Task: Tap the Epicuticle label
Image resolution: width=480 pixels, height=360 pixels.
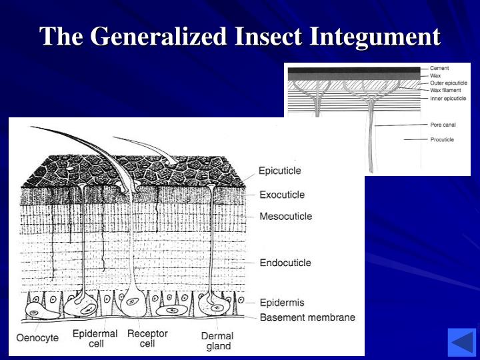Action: click(280, 171)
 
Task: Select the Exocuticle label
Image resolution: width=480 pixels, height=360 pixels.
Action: click(282, 195)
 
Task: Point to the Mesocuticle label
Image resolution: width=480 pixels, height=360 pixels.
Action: click(285, 216)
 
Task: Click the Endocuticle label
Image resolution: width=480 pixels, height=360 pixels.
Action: click(285, 263)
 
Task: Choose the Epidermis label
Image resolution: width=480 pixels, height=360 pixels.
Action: click(281, 303)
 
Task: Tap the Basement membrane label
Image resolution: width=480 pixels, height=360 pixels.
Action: click(307, 317)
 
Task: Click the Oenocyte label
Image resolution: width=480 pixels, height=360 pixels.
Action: click(37, 337)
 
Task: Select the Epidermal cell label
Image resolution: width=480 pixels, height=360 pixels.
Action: click(95, 339)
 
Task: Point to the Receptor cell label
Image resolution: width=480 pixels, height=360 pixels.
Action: click(147, 339)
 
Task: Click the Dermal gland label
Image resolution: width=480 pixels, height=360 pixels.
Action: click(218, 341)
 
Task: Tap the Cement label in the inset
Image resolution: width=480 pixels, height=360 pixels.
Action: click(439, 69)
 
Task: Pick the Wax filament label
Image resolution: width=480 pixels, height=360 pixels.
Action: click(445, 90)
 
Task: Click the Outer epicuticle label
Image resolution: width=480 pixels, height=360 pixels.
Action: click(449, 83)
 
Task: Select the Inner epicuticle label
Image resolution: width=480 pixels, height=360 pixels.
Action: click(448, 99)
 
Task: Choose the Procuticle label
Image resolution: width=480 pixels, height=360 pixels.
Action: click(442, 139)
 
